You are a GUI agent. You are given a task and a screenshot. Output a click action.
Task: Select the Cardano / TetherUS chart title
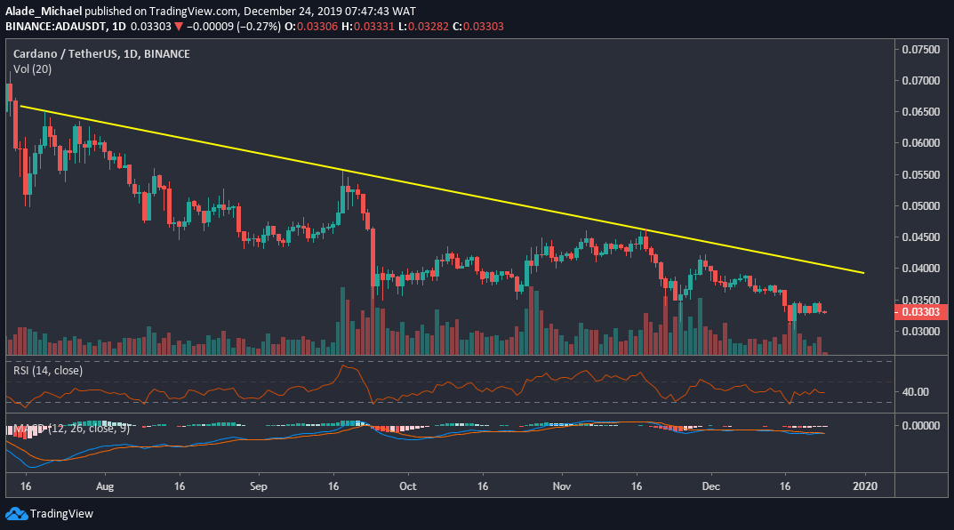(x=100, y=54)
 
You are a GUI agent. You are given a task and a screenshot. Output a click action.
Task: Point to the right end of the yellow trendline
(x=864, y=273)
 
